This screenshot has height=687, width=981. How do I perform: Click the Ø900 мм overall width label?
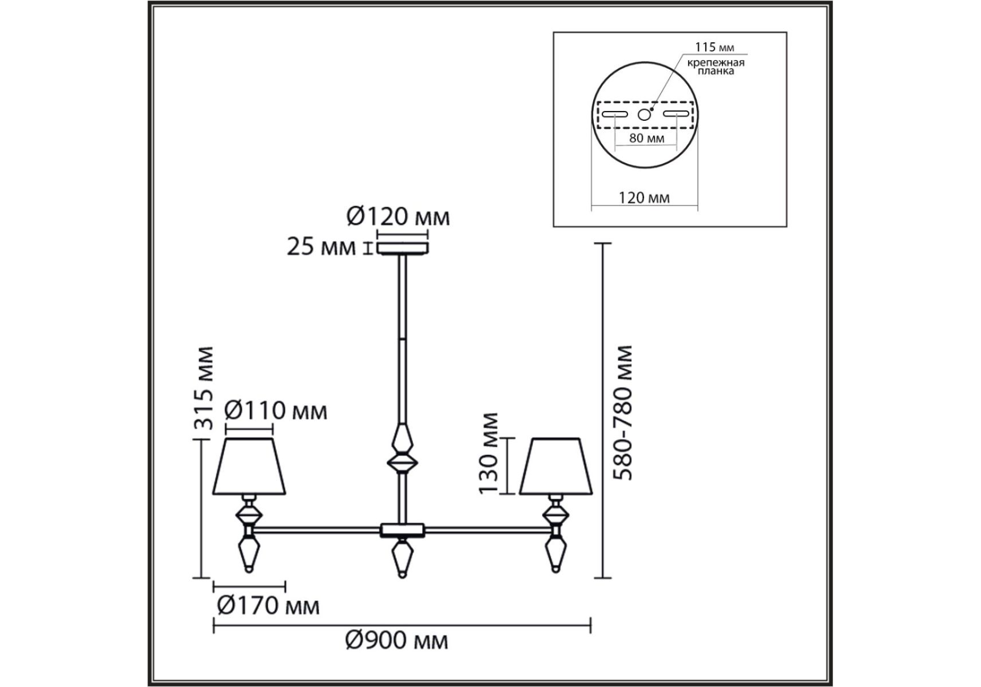[x=396, y=640]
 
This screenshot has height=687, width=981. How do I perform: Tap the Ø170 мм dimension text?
[x=268, y=605]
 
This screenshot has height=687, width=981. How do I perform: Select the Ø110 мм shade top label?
[x=276, y=410]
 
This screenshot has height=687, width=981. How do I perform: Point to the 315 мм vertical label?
[x=203, y=388]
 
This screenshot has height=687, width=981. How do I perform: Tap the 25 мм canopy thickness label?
[x=321, y=248]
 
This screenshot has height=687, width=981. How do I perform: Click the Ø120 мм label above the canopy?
[x=398, y=217]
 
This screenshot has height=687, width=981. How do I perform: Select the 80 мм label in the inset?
[x=646, y=138]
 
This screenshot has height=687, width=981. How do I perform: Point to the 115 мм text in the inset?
[x=714, y=47]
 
